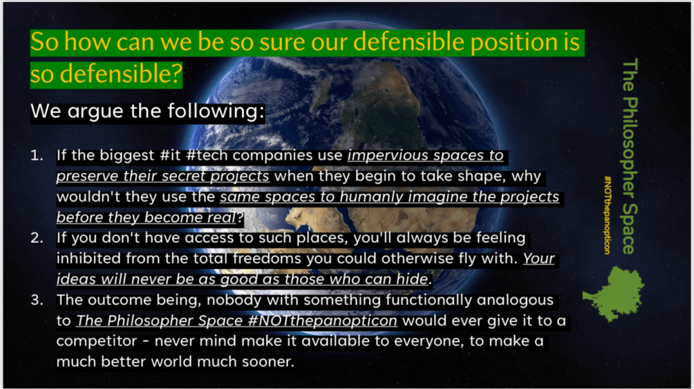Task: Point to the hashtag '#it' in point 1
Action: coord(170,155)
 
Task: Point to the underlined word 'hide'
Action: coord(412,279)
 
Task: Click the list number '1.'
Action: coord(37,155)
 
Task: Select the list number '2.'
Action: coord(37,238)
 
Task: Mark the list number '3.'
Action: coord(37,300)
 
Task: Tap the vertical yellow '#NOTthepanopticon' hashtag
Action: coord(608,215)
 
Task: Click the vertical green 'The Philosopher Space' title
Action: coord(630,156)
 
